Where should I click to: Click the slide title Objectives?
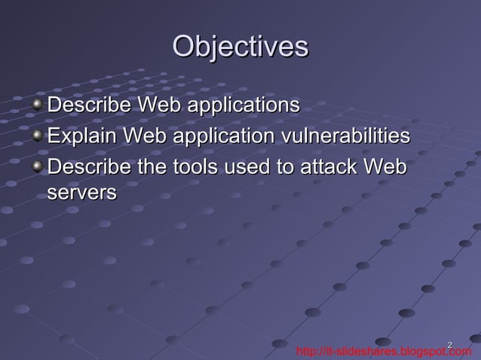(240, 47)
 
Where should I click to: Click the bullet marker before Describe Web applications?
(38, 104)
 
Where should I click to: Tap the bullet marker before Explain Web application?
(38, 136)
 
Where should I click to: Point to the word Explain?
(81, 136)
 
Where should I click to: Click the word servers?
(81, 193)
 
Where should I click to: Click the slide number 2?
(449, 345)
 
